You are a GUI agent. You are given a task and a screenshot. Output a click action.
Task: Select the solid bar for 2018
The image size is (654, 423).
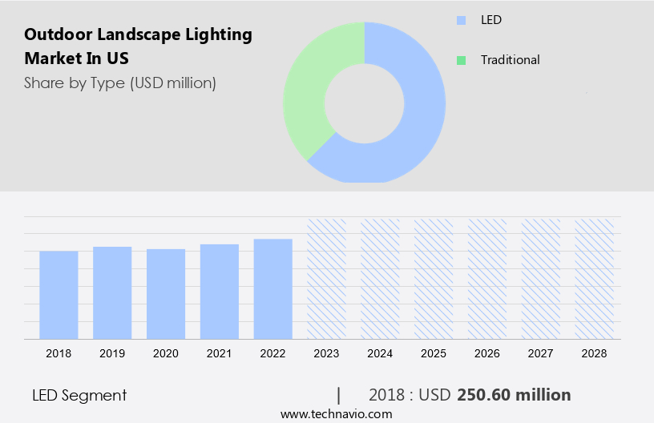tap(59, 295)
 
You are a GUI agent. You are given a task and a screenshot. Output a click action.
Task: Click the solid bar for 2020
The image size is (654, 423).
tap(166, 294)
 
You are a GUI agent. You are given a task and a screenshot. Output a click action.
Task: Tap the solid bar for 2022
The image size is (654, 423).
tap(273, 288)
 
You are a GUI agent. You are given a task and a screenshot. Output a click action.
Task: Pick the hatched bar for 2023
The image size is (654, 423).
tap(327, 279)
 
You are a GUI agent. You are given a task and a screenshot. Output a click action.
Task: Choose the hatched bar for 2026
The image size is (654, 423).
tap(487, 279)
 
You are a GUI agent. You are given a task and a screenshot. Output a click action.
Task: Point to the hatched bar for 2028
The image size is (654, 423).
tap(595, 279)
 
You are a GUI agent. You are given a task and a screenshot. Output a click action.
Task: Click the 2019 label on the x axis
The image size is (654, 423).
tap(112, 353)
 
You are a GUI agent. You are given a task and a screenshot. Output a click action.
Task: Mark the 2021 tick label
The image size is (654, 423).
tap(220, 353)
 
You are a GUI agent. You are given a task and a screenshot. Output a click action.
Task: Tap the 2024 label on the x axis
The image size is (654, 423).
tap(380, 353)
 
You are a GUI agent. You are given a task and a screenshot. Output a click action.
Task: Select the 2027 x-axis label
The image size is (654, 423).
tap(541, 353)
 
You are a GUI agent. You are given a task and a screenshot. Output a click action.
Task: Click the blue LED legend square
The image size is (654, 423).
tap(461, 20)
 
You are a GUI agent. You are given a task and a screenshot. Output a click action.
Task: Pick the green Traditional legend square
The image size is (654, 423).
tap(461, 60)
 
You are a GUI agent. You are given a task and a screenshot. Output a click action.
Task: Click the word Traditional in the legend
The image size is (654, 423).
tap(510, 60)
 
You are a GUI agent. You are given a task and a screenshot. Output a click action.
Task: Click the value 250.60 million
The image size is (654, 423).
tap(514, 395)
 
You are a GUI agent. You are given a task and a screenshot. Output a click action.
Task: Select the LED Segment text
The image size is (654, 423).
tap(79, 395)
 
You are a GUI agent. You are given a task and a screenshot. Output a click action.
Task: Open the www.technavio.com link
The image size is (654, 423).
tap(337, 414)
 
